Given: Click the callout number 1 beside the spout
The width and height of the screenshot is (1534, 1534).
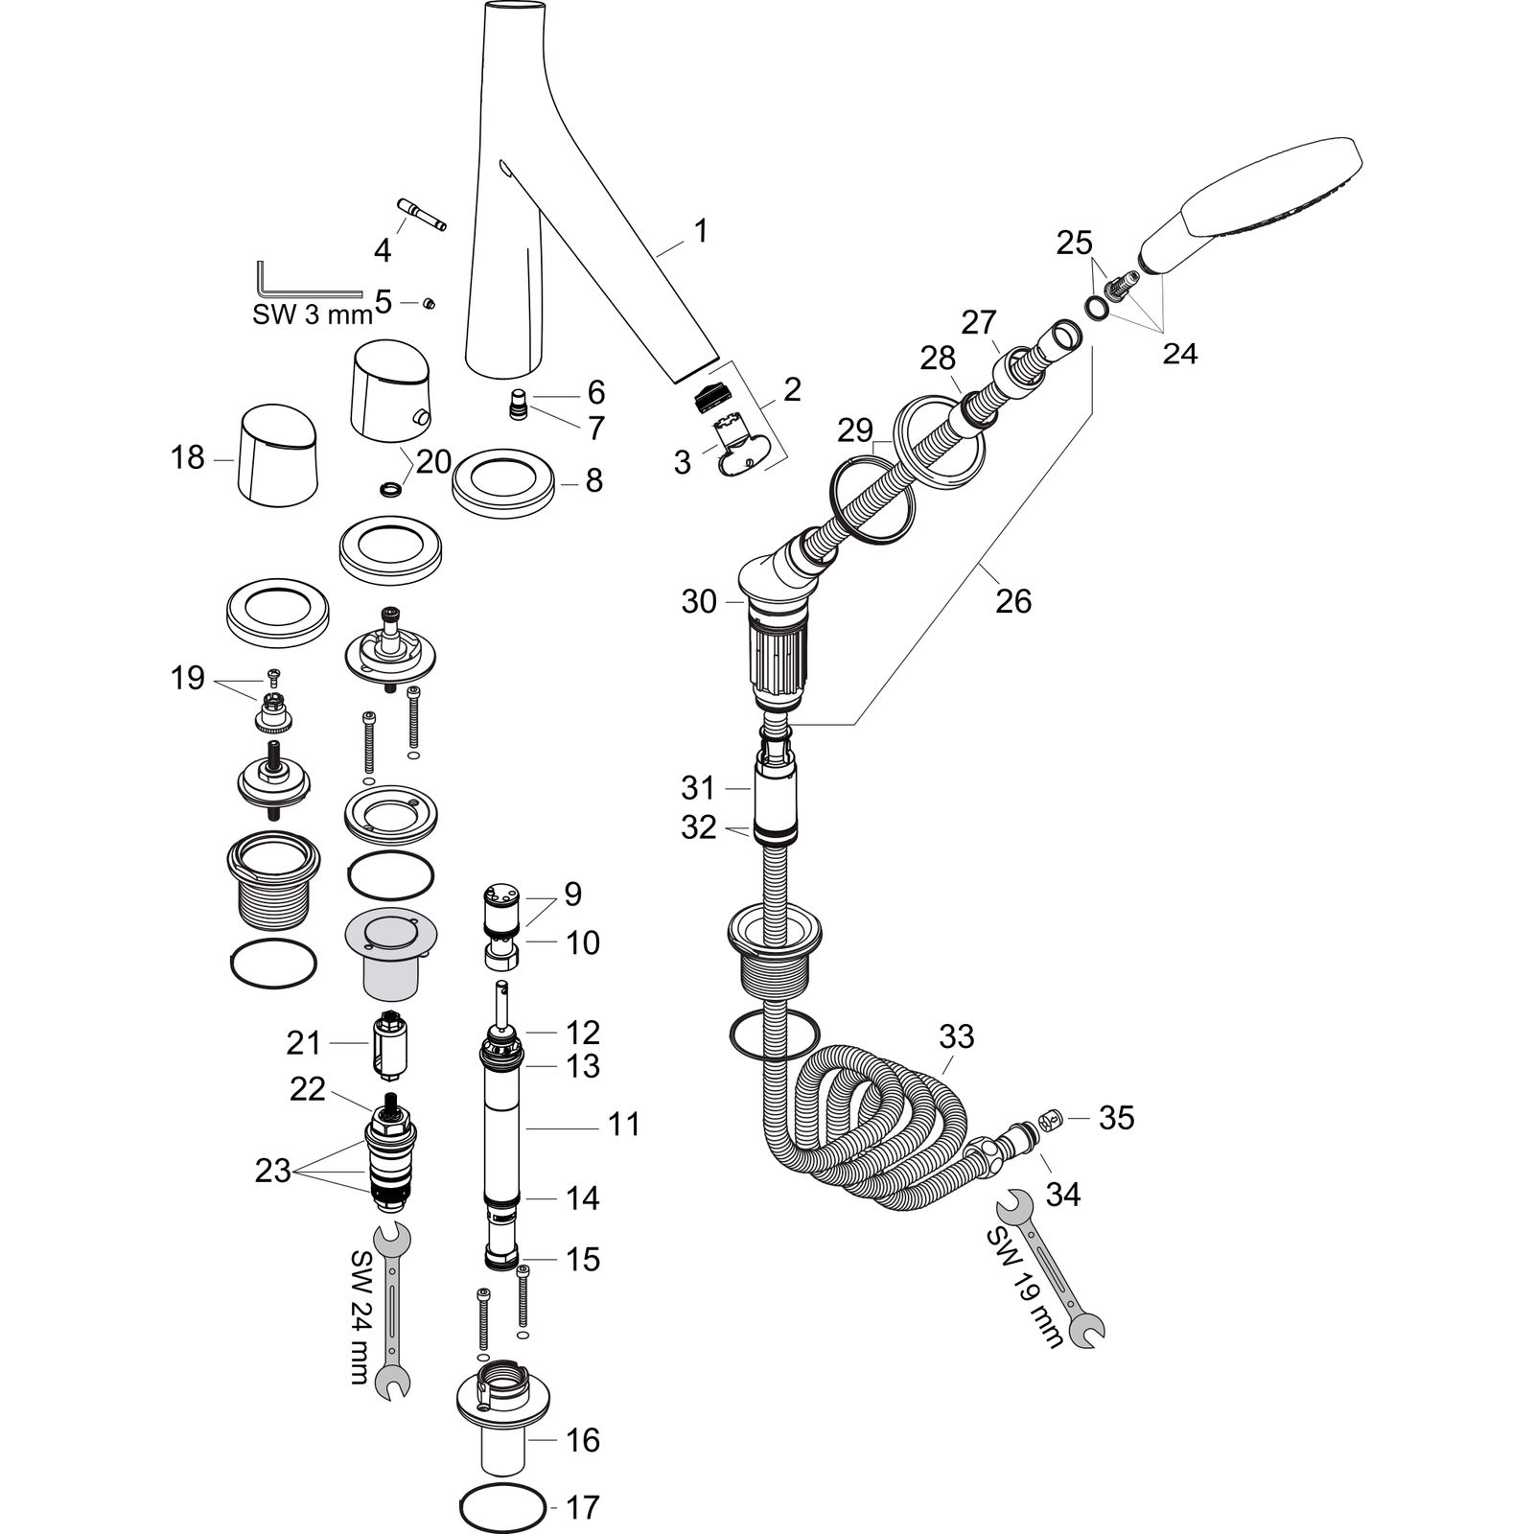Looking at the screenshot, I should coord(701,231).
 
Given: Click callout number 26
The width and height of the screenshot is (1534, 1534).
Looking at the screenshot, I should coord(1013,601).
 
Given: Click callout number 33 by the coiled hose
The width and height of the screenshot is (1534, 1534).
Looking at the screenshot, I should coord(956,1036).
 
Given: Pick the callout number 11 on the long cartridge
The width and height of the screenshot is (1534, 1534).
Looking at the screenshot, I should coord(624,1124).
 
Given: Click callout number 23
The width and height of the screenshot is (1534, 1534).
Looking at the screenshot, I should coord(272,1171).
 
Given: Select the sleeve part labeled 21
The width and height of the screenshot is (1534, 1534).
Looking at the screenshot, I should coord(389,1046).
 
